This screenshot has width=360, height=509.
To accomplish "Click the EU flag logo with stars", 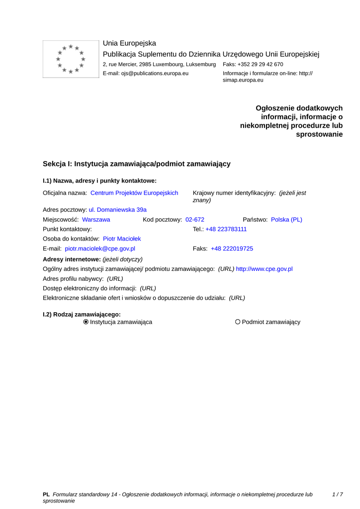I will pyautogui.click(x=71, y=59).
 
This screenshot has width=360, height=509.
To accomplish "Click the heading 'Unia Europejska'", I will pyautogui.click(x=129, y=43).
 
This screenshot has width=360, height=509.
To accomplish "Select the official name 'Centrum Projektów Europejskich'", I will pyautogui.click(x=134, y=193).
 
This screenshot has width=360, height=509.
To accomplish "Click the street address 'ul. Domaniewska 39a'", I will pyautogui.click(x=118, y=210).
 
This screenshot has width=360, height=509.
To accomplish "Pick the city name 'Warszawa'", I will pyautogui.click(x=96, y=219).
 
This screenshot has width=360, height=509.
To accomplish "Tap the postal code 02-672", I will pyautogui.click(x=195, y=219).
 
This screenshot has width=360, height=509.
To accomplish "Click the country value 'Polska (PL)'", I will pyautogui.click(x=286, y=219).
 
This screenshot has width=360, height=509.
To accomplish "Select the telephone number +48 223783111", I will pyautogui.click(x=226, y=229).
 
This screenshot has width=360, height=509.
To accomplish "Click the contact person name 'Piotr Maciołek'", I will pyautogui.click(x=122, y=239).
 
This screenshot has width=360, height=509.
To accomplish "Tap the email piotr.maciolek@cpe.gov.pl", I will pyautogui.click(x=100, y=249).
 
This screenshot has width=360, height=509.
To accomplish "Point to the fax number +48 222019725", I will pyautogui.click(x=232, y=249).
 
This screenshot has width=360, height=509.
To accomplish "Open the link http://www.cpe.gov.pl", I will pyautogui.click(x=264, y=269).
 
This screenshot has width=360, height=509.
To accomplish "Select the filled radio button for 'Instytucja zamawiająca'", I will pyautogui.click(x=86, y=322).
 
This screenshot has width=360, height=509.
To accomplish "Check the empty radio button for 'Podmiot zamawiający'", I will pyautogui.click(x=238, y=322).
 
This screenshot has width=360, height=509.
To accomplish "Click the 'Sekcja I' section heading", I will pyautogui.click(x=137, y=164).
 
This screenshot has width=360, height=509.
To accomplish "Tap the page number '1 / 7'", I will pyautogui.click(x=337, y=495).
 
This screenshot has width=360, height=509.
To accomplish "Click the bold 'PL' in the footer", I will pyautogui.click(x=46, y=495).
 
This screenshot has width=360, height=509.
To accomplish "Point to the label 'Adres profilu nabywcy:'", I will pyautogui.click(x=73, y=279).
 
